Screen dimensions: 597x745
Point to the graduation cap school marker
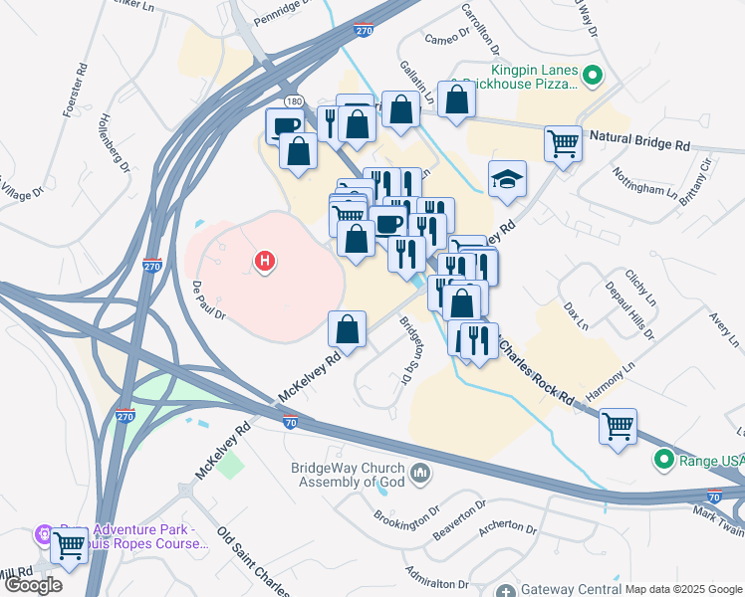pyautogui.click(x=507, y=179)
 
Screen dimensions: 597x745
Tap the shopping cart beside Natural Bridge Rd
pyautogui.click(x=564, y=143)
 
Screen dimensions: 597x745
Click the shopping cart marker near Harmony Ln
pyautogui.click(x=618, y=427)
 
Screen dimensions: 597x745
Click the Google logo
pyautogui.click(x=33, y=584)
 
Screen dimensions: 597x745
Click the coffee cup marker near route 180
pyautogui.click(x=285, y=125)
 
